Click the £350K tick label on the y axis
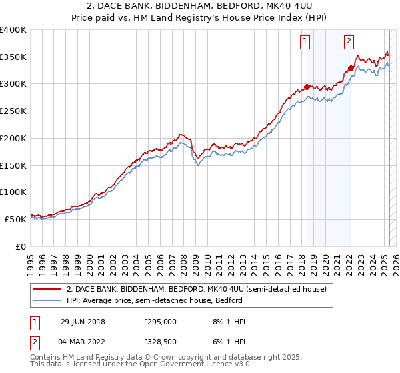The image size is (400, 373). click(x=13, y=57)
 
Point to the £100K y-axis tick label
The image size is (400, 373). click(x=13, y=192)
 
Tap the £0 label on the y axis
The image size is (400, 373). click(x=21, y=246)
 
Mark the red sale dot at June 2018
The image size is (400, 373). click(x=307, y=87)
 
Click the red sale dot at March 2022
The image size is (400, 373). click(x=351, y=68)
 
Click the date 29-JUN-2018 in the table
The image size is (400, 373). click(x=83, y=322)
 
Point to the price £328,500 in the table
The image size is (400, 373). click(x=160, y=343)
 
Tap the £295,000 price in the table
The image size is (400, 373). click(x=160, y=322)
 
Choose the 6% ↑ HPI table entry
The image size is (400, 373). click(x=227, y=343)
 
